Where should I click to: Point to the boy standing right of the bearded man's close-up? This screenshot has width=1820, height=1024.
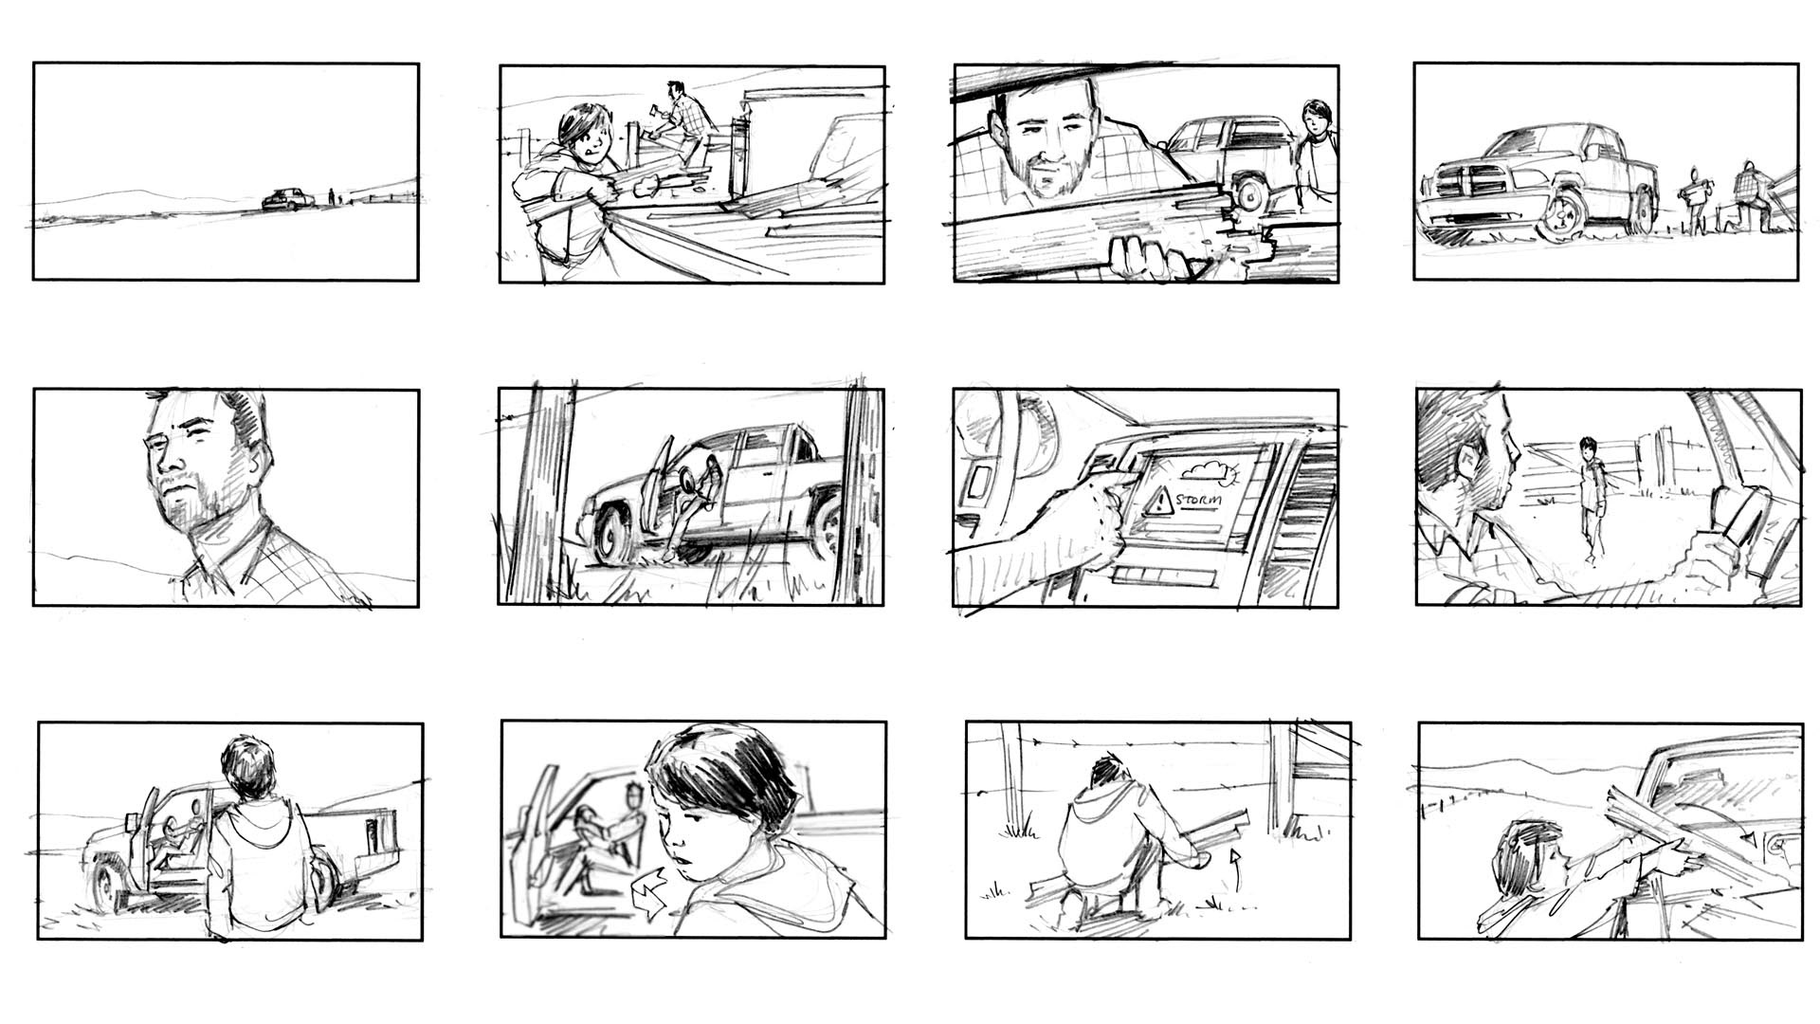1316,152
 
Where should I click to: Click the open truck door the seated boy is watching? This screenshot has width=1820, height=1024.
141,834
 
